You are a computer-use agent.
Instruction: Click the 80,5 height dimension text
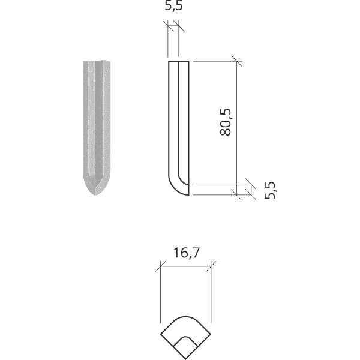pos(226,122)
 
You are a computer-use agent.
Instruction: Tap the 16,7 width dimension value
pos(186,253)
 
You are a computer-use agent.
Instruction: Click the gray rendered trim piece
pos(96,126)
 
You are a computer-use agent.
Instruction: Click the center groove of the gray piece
pos(96,120)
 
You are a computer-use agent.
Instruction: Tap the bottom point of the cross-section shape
pos(186,359)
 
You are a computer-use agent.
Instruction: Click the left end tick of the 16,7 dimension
pos(160,266)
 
